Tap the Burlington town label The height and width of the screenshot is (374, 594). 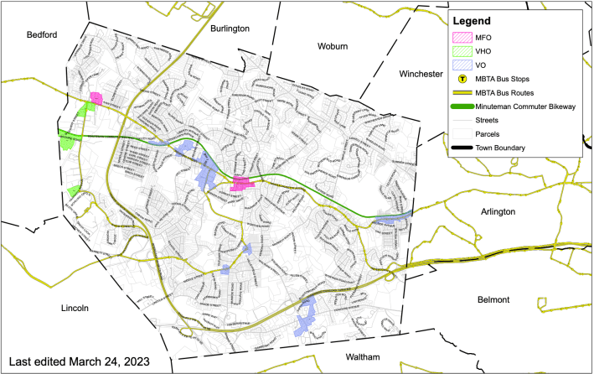(230, 29)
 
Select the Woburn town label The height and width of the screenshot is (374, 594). (338, 46)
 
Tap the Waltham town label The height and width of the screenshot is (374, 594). (367, 357)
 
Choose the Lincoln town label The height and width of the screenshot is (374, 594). (81, 309)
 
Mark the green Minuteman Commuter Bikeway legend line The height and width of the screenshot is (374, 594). (462, 106)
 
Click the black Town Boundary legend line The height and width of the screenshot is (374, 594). (462, 148)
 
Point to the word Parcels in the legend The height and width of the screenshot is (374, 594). (489, 134)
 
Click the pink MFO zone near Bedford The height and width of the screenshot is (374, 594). (96, 98)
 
